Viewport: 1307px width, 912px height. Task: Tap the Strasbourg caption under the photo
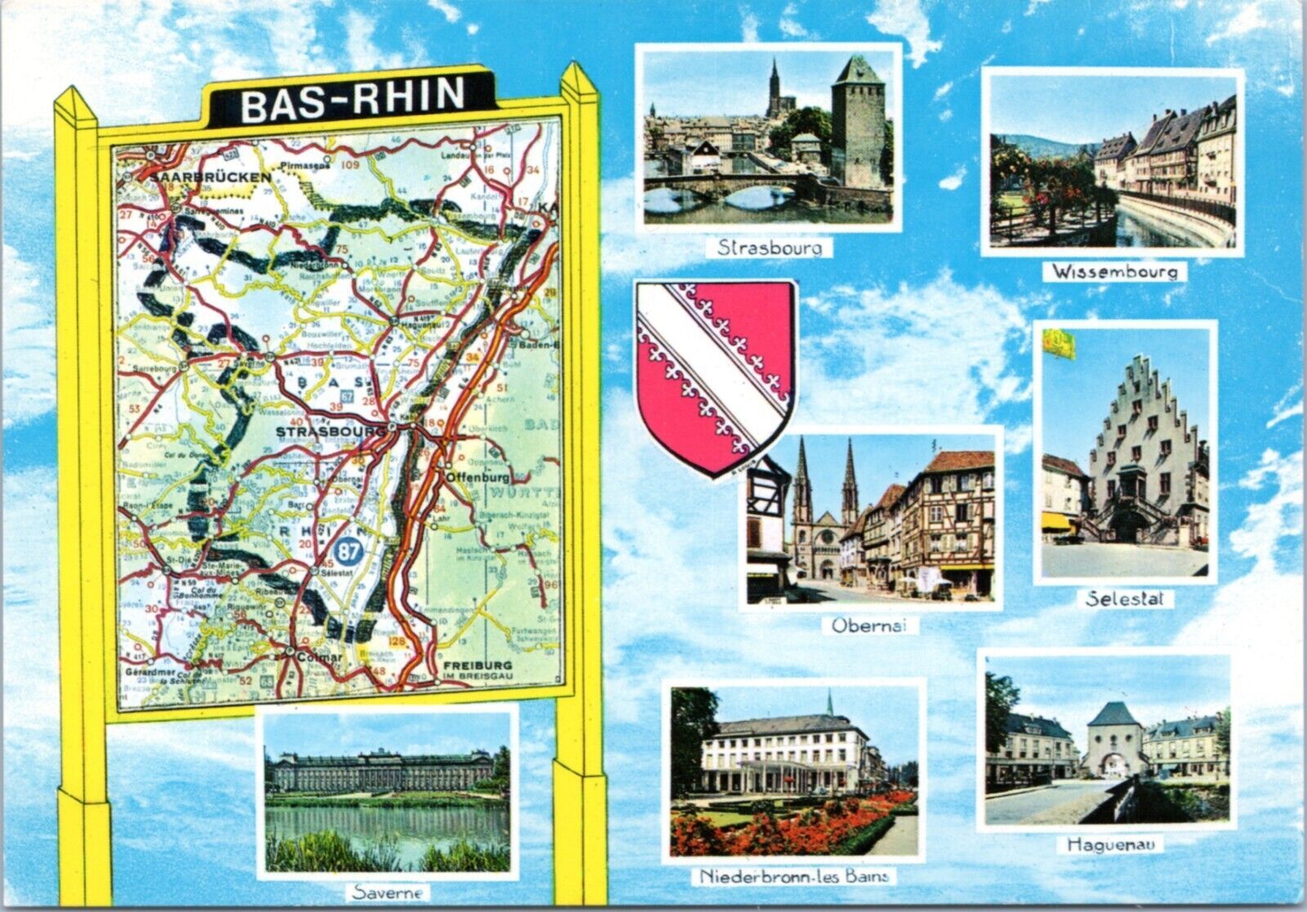click(x=769, y=247)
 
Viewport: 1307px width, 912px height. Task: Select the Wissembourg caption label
click(x=1113, y=271)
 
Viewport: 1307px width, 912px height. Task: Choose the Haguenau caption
click(x=1110, y=845)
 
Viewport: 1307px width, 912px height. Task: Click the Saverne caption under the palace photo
click(x=388, y=892)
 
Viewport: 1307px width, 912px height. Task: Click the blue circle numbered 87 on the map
click(x=349, y=552)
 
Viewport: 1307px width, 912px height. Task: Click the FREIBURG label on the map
click(x=478, y=665)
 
